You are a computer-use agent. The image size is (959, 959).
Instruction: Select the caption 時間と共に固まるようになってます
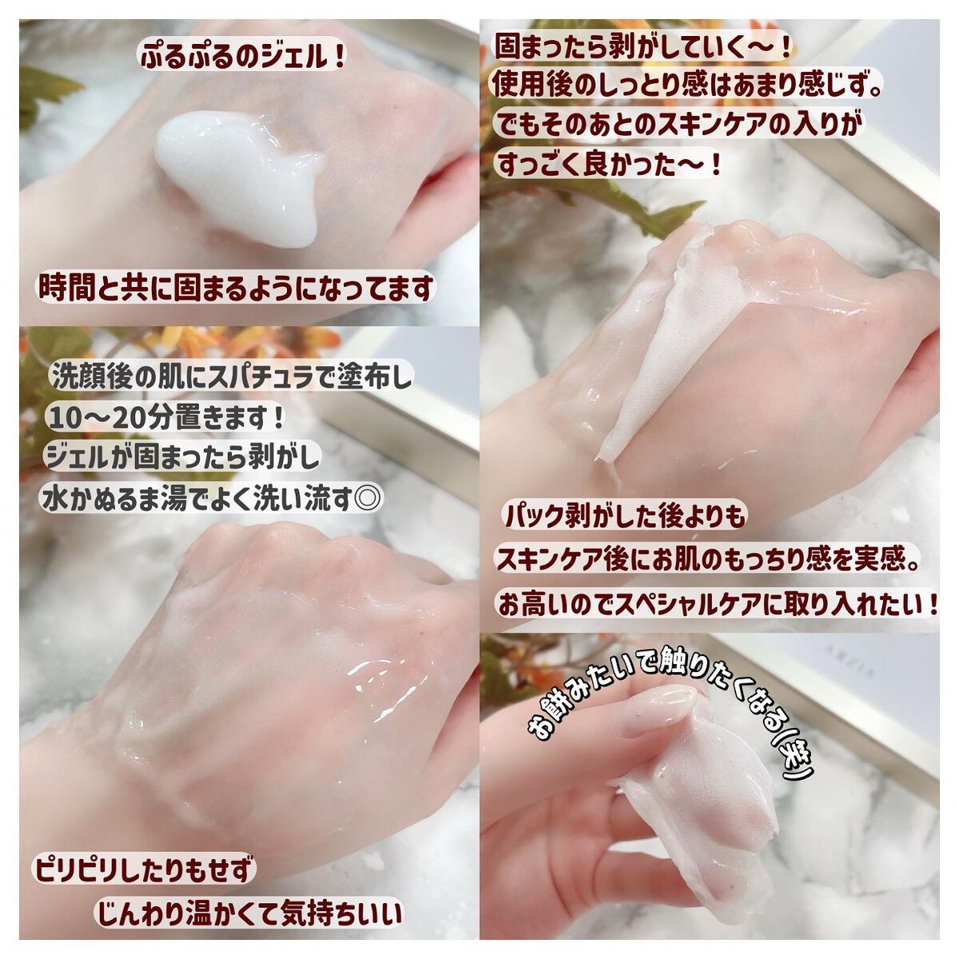[x=237, y=287]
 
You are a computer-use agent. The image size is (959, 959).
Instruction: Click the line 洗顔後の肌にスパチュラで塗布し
[x=232, y=377]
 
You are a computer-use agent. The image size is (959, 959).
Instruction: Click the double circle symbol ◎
[x=368, y=499]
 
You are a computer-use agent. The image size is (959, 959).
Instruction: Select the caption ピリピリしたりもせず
[x=144, y=868]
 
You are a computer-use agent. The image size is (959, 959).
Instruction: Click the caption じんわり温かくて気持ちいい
[x=249, y=913]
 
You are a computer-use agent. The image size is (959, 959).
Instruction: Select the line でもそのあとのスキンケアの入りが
[x=680, y=125]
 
